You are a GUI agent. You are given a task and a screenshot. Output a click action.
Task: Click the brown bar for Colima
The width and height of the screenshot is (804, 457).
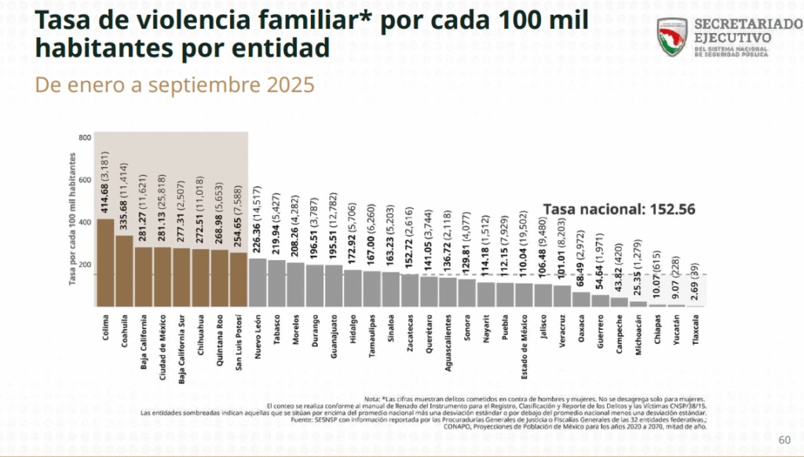[105, 262]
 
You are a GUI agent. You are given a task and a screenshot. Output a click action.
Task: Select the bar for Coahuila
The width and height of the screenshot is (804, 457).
[124, 270]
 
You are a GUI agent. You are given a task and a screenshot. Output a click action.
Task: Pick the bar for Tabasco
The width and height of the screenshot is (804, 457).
[276, 283]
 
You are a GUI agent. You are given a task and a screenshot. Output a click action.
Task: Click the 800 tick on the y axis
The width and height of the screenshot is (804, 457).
[86, 137]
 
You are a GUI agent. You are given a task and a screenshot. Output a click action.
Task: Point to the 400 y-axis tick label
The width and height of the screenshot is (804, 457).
[86, 221]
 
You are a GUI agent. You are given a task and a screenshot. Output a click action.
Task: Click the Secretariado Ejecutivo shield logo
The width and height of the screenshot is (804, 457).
[672, 37]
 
